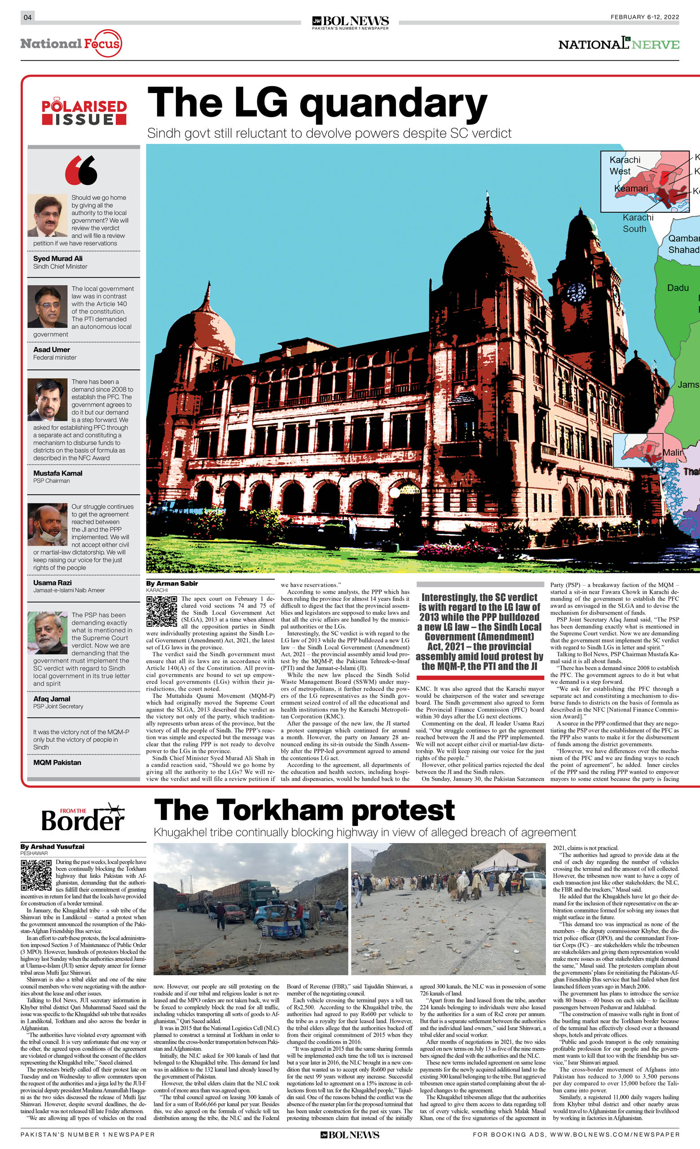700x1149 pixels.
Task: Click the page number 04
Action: (27, 17)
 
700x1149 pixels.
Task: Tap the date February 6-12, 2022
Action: (644, 17)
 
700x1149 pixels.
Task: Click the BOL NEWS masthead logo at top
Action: (350, 22)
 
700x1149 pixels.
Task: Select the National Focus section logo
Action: (71, 44)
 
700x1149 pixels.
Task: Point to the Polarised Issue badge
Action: (84, 112)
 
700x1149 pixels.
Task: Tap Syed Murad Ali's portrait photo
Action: (47, 216)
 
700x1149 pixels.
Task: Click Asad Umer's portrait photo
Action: (47, 306)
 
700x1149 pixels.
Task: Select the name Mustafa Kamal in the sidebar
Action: (58, 473)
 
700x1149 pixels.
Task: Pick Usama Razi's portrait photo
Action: (47, 524)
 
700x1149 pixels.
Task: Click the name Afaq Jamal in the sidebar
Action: (52, 699)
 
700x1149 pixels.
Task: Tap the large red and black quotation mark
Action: (81, 170)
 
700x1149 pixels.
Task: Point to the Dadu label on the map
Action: (678, 288)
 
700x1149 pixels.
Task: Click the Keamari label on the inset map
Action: (631, 189)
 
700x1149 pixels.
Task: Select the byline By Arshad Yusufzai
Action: (52, 846)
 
